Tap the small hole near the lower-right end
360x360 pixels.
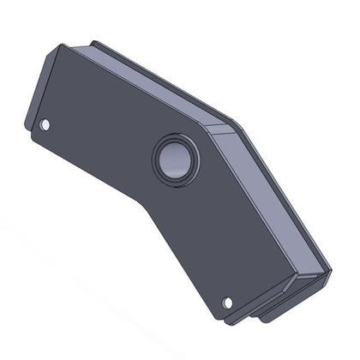pos(228,302)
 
